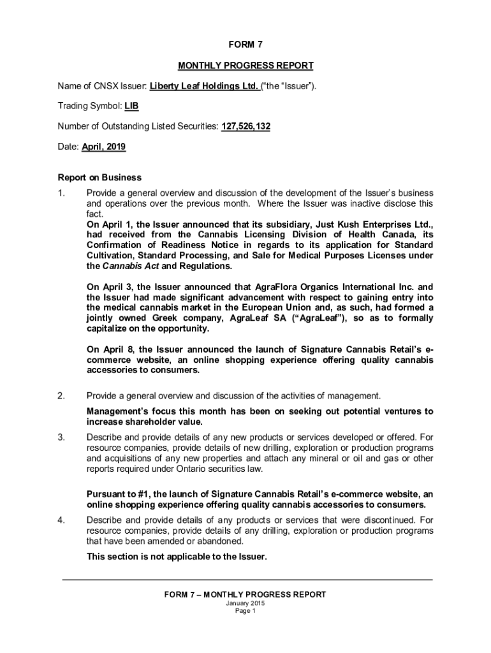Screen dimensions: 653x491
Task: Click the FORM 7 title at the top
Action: click(x=246, y=45)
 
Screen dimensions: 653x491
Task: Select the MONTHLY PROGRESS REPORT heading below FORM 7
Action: click(x=246, y=66)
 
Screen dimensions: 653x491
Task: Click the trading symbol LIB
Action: click(x=131, y=106)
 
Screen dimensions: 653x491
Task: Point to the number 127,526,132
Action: click(x=246, y=127)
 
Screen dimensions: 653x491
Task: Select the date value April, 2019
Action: click(x=103, y=147)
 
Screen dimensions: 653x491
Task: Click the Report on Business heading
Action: click(x=99, y=177)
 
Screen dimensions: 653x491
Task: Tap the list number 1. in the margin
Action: click(x=62, y=193)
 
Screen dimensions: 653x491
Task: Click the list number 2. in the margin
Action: click(x=62, y=396)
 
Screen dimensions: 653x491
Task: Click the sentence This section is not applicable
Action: click(x=177, y=556)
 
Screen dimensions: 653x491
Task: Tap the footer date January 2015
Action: click(x=246, y=603)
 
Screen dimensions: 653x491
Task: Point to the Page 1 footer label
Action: click(x=246, y=611)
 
